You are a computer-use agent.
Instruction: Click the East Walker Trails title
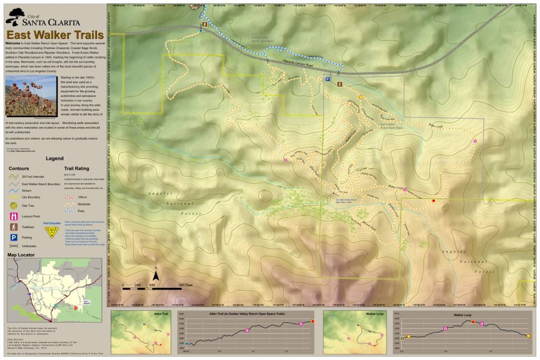55,35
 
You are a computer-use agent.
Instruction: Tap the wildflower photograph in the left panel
31,95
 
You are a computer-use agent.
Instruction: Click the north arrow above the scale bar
156,275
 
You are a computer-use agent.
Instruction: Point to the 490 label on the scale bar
153,285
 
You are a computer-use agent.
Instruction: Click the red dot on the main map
433,201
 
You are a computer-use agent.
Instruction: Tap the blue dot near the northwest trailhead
201,31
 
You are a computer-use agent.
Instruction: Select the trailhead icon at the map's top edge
204,25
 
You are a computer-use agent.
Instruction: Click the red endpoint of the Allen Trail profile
313,321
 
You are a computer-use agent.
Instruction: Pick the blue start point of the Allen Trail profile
186,343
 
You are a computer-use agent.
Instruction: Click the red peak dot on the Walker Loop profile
473,322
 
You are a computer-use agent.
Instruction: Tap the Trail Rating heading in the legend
76,169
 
